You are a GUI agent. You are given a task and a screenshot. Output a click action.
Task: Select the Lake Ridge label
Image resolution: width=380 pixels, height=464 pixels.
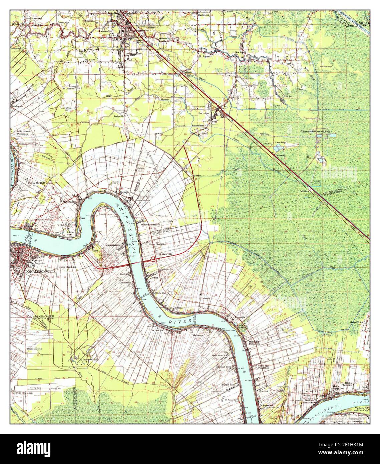(x=280, y=143)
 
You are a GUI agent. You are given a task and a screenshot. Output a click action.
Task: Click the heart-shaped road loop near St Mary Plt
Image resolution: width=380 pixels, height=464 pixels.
(x=152, y=259)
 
